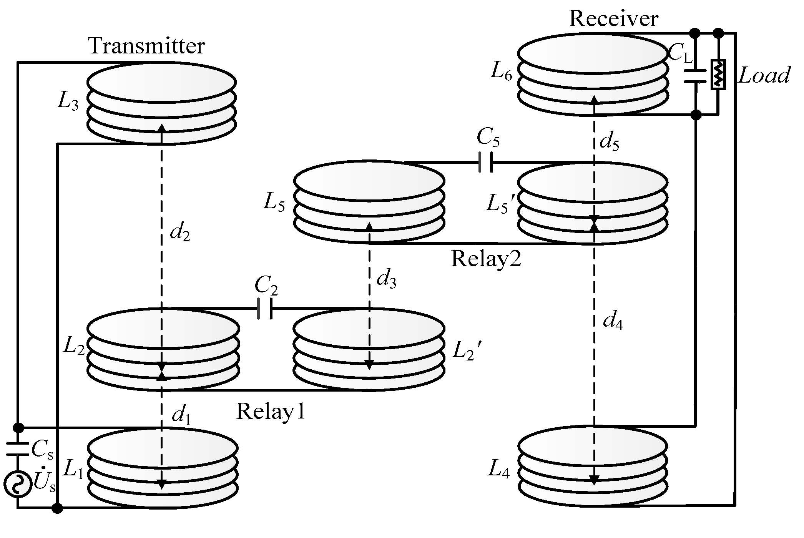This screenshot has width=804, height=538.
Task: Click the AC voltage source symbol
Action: click(x=18, y=484)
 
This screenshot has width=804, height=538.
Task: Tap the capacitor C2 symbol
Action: click(x=265, y=308)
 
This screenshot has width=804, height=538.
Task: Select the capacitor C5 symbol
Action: click(x=486, y=162)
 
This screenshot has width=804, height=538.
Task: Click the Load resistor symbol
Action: click(x=718, y=74)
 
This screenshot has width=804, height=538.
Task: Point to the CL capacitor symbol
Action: click(x=695, y=76)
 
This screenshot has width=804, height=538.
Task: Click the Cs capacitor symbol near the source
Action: click(x=18, y=448)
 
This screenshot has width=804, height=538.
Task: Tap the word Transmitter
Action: click(x=147, y=46)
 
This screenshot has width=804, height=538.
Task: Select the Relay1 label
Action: click(x=271, y=412)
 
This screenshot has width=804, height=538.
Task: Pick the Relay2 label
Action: click(x=486, y=258)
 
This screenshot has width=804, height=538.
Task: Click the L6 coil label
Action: click(x=501, y=72)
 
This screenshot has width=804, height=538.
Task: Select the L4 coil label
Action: click(x=498, y=469)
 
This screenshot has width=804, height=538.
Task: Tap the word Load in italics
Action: click(x=764, y=75)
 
